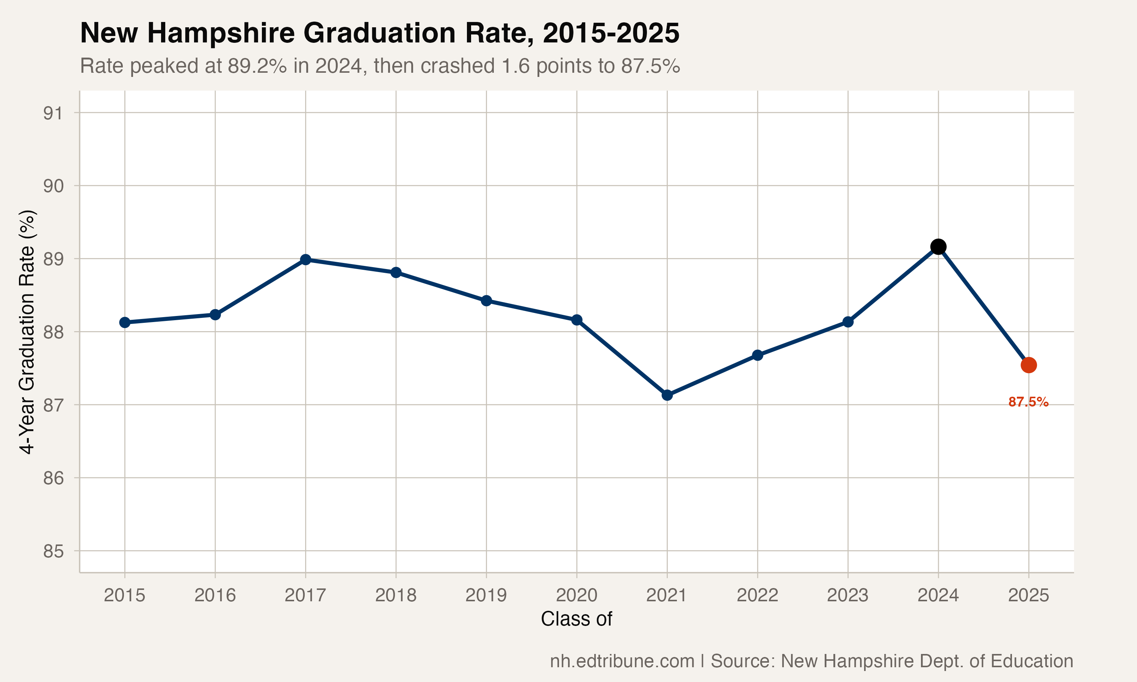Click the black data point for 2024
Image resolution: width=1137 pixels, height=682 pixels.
[x=938, y=247]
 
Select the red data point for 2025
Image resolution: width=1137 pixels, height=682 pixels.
[x=1029, y=365]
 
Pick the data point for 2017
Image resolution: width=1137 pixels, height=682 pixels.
[x=305, y=260]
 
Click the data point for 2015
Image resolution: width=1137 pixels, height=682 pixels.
[x=125, y=322]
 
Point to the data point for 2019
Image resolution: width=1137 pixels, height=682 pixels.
[x=486, y=300]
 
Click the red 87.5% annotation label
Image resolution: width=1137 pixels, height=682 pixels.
[x=1028, y=402]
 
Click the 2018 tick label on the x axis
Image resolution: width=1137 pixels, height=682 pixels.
[x=396, y=596]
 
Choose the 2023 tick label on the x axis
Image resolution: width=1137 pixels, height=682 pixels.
[x=847, y=596]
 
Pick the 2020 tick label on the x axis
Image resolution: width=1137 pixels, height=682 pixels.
[x=576, y=596]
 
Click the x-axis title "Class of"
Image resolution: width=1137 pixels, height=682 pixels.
[x=576, y=619]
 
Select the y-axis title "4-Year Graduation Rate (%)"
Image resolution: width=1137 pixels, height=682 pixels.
[x=28, y=332]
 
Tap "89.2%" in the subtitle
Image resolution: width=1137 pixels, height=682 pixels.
[x=257, y=66]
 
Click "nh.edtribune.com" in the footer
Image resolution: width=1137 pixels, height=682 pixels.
[x=622, y=661]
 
